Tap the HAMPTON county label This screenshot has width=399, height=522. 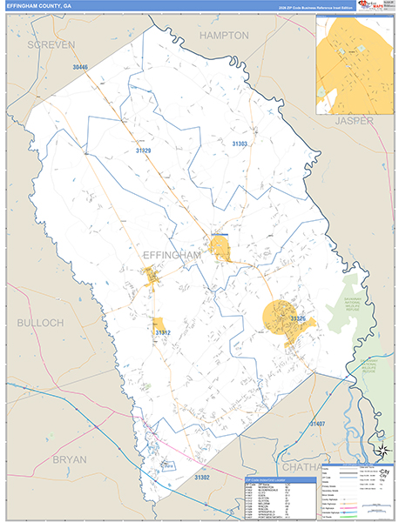point(224,36)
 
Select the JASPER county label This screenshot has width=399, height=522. point(354,121)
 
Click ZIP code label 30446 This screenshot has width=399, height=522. point(81,67)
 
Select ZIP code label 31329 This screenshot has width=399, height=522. point(144,151)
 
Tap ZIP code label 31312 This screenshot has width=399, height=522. point(163,333)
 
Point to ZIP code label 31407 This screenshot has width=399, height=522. point(316,424)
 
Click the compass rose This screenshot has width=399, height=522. point(380,450)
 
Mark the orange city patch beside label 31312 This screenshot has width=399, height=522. point(159,324)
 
